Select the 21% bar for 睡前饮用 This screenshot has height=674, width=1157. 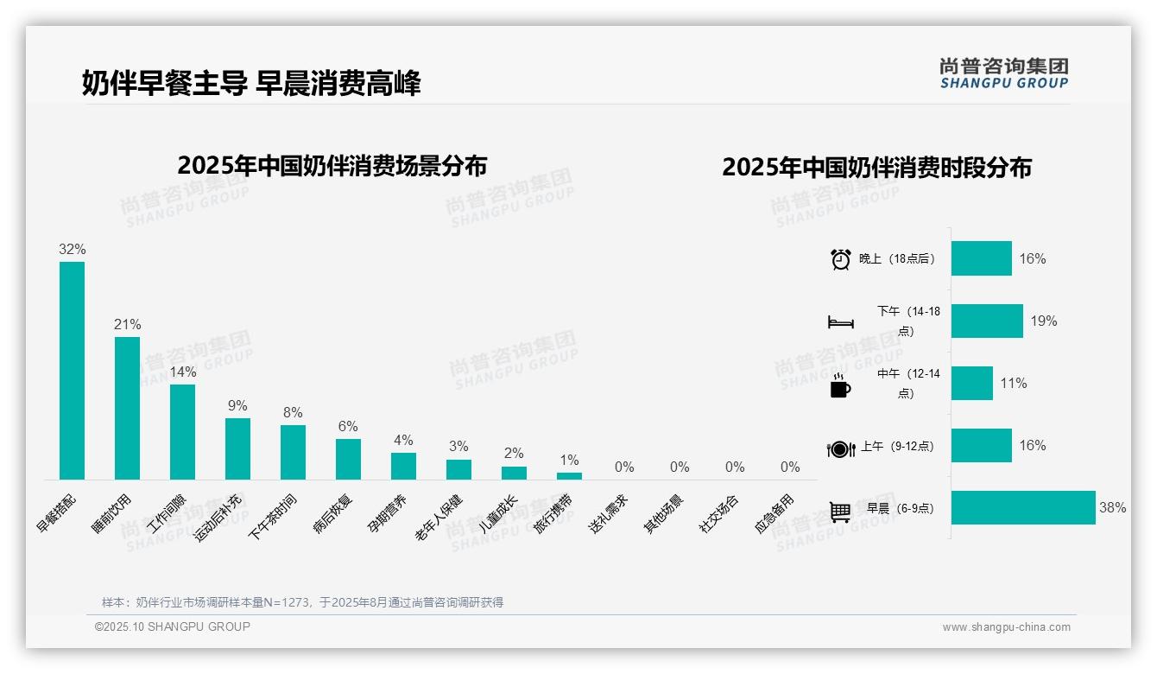[x=127, y=408]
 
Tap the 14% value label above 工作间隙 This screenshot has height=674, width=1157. [x=183, y=372]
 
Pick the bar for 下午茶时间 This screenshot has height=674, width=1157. [x=293, y=452]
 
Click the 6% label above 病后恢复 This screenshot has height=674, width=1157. [x=348, y=427]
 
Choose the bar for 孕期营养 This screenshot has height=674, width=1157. [x=403, y=466]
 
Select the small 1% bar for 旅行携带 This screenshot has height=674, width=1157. [x=569, y=475]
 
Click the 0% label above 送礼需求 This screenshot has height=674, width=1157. [x=624, y=467]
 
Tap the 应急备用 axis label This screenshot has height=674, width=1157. [x=774, y=512]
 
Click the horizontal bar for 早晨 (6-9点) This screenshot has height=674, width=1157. [x=1023, y=508]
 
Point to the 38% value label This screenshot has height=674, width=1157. [x=1112, y=508]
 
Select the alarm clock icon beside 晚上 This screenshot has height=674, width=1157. [x=840, y=259]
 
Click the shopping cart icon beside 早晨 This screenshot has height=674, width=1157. [x=840, y=511]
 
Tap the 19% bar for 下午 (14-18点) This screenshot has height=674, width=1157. [x=987, y=321]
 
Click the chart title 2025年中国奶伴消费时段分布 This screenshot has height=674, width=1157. [x=876, y=168]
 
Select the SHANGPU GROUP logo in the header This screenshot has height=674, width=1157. [x=1003, y=73]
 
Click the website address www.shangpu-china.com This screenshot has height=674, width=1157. [x=1006, y=627]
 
